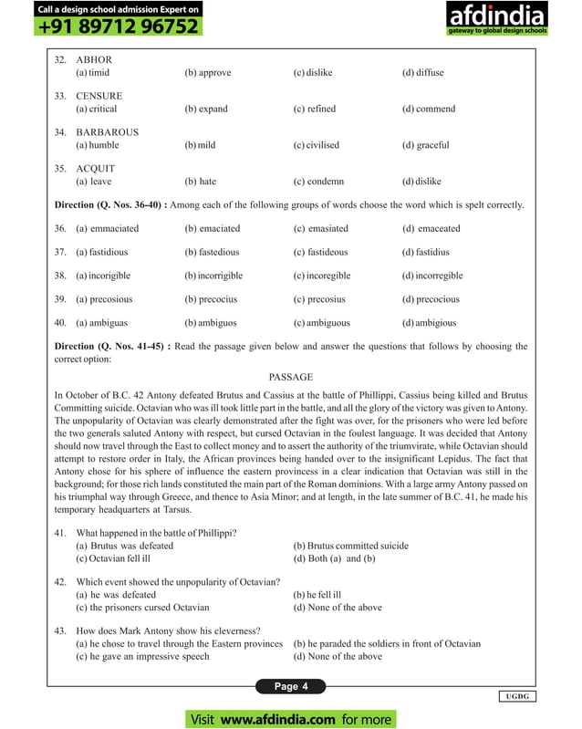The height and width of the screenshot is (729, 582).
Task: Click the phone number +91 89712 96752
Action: coord(119,26)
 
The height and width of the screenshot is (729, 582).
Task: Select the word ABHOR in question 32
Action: coord(94,59)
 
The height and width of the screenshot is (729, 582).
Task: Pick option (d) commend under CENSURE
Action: coord(429,109)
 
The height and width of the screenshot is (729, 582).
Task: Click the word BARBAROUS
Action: coord(107,132)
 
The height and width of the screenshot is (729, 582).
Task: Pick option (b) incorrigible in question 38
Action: coord(216,276)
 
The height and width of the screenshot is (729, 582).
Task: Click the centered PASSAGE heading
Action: coord(290,377)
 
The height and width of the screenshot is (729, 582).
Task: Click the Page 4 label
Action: coord(291,686)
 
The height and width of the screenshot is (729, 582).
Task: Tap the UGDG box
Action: coord(517,697)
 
